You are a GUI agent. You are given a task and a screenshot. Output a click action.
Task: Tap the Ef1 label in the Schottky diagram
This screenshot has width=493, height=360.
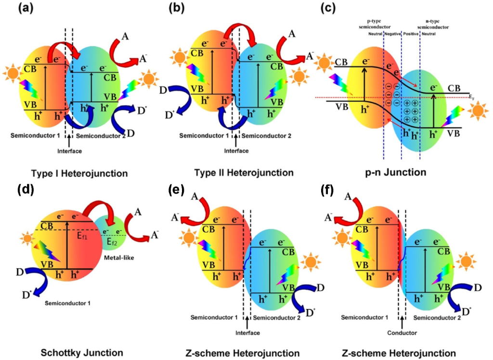pyautogui.click(x=83, y=236)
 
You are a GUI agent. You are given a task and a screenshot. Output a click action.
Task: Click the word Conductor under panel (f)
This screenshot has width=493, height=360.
pyautogui.click(x=402, y=333)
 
